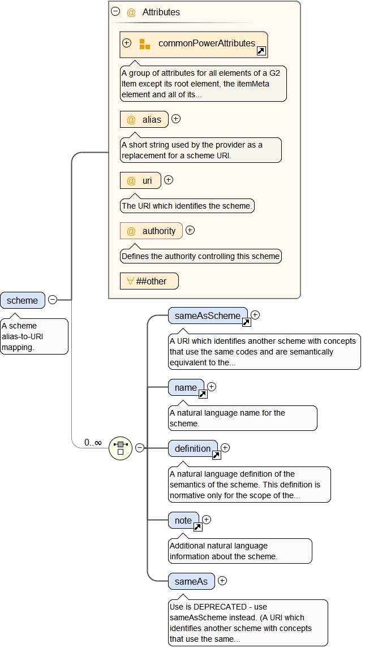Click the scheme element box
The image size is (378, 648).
click(23, 300)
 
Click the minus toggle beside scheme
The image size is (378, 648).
click(53, 300)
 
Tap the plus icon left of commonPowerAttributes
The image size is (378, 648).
click(127, 43)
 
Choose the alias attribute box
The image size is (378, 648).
click(144, 119)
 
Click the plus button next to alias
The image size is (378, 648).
click(176, 119)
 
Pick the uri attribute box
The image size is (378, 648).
click(140, 181)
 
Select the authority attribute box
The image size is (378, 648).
click(152, 231)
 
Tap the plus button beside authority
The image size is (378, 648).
click(190, 230)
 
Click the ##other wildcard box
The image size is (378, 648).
click(149, 281)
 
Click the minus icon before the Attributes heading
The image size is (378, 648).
click(115, 11)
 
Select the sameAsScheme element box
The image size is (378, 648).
click(208, 316)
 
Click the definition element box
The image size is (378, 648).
click(192, 448)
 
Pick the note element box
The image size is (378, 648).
click(183, 520)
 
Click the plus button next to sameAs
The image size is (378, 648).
click(222, 580)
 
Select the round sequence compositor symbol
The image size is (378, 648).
click(120, 448)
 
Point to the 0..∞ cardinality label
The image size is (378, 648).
click(93, 442)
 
